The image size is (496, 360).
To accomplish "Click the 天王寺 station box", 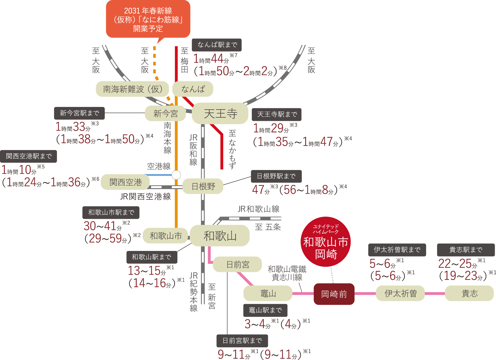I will (x=220, y=114).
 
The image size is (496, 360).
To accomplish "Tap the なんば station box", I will (x=193, y=89).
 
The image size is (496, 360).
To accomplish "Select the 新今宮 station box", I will (x=165, y=114).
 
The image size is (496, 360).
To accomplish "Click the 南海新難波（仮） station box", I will (x=132, y=89).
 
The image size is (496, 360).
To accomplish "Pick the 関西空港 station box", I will (x=125, y=182).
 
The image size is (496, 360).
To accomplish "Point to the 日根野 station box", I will (x=203, y=186).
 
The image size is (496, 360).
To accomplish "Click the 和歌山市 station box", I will (x=166, y=236).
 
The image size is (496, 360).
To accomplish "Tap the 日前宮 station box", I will (x=237, y=264).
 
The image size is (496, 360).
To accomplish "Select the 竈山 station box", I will (x=268, y=293).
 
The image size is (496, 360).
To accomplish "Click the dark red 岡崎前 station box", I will (x=334, y=294).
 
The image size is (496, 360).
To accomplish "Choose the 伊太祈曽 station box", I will (x=400, y=293).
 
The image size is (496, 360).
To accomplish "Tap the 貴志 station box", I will (x=469, y=293).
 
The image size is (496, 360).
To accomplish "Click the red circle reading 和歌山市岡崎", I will (x=325, y=242).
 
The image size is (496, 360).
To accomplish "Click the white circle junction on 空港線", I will (x=176, y=175).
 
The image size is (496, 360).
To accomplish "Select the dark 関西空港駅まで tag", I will (x=29, y=156).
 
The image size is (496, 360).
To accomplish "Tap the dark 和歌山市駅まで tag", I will (x=111, y=213).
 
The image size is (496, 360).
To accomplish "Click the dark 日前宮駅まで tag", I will (x=242, y=341).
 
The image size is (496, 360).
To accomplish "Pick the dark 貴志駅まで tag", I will (x=466, y=250).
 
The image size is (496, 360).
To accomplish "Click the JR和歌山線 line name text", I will (x=259, y=209).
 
